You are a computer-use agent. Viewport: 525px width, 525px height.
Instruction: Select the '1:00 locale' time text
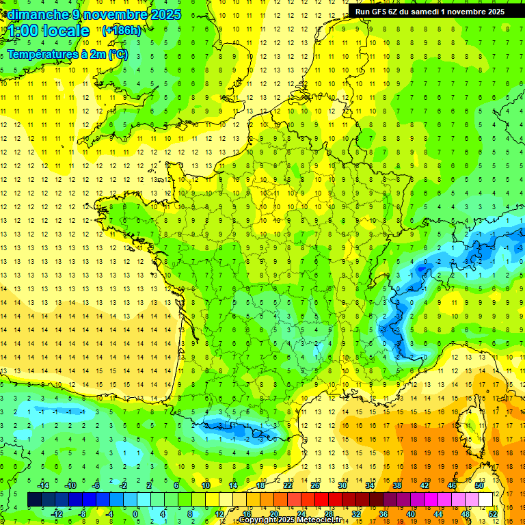tap(45, 31)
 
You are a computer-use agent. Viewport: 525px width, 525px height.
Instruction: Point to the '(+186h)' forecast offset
tap(121, 31)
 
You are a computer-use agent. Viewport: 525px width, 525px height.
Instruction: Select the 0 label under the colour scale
tap(135, 513)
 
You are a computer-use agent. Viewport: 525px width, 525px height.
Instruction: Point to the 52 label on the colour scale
tap(493, 513)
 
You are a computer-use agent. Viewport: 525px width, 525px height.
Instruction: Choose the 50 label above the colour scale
tap(479, 485)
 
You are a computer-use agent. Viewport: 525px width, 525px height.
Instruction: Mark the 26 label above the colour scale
tap(315, 485)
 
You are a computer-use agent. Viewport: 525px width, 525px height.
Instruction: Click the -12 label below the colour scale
tap(57, 513)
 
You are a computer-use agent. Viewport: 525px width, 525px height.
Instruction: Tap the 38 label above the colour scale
tap(397, 485)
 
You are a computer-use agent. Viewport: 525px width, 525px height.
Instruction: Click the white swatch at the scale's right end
tap(486, 499)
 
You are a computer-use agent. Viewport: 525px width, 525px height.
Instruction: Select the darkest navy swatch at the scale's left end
tap(34, 499)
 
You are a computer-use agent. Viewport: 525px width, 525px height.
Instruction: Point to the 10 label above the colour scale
tap(206, 485)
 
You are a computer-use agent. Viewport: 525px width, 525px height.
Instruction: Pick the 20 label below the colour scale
tap(273, 513)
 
